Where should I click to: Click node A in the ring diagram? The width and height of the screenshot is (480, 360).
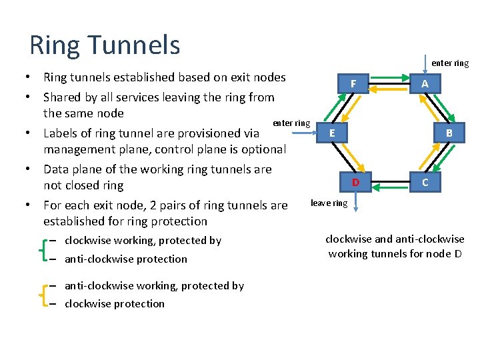pyautogui.click(x=425, y=83)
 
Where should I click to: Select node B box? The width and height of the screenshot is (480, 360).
pyautogui.click(x=449, y=133)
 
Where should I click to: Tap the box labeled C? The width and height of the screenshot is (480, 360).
pyautogui.click(x=425, y=181)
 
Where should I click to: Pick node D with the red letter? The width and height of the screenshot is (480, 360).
pyautogui.click(x=355, y=182)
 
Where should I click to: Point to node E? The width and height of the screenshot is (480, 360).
pyautogui.click(x=332, y=133)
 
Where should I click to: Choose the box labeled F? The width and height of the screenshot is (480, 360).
pyautogui.click(x=354, y=84)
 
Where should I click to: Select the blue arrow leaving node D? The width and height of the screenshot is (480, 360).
pyautogui.click(x=355, y=201)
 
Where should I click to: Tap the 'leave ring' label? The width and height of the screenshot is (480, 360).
pyautogui.click(x=329, y=203)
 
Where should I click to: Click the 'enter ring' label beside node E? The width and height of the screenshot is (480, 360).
pyautogui.click(x=291, y=123)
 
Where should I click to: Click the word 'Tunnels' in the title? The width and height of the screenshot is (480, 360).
pyautogui.click(x=139, y=45)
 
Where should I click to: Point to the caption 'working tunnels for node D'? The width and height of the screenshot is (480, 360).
pyautogui.click(x=395, y=253)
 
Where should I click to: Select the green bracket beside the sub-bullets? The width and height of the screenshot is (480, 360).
pyautogui.click(x=43, y=249)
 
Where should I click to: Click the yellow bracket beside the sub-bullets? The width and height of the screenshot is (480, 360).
pyautogui.click(x=43, y=295)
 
